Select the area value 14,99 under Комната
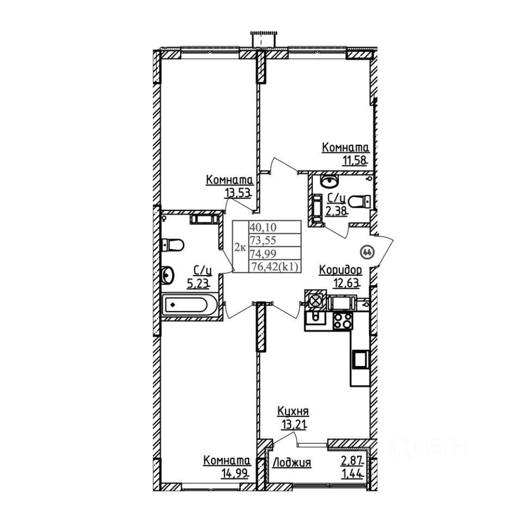pyautogui.click(x=234, y=473)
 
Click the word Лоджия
pyautogui.click(x=292, y=463)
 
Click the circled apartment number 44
pyautogui.click(x=366, y=252)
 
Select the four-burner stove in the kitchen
pyautogui.click(x=341, y=321)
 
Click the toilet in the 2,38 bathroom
pyautogui.click(x=359, y=202)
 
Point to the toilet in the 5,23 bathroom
pyautogui.click(x=172, y=245)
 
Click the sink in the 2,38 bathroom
pyautogui.click(x=330, y=179)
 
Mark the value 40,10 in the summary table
pyautogui.click(x=262, y=227)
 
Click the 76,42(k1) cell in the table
pyautogui.click(x=275, y=266)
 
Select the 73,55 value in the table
pyautogui.click(x=262, y=240)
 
